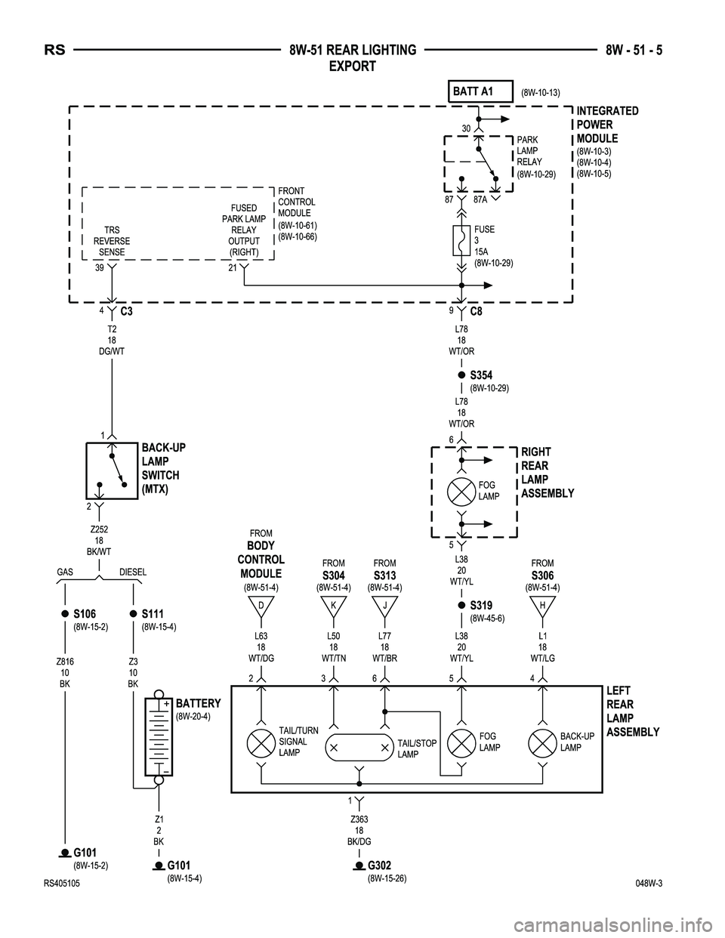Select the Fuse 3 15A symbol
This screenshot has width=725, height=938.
[x=461, y=244]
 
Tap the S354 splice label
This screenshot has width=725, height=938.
[x=480, y=375]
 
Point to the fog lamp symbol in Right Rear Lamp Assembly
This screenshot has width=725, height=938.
[x=461, y=491]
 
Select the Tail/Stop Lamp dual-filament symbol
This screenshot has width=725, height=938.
[x=359, y=747]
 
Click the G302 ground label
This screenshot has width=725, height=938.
[x=379, y=865]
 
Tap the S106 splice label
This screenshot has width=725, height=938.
[x=84, y=613]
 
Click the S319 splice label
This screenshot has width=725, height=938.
[x=480, y=606]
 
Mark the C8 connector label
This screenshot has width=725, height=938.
[x=477, y=311]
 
